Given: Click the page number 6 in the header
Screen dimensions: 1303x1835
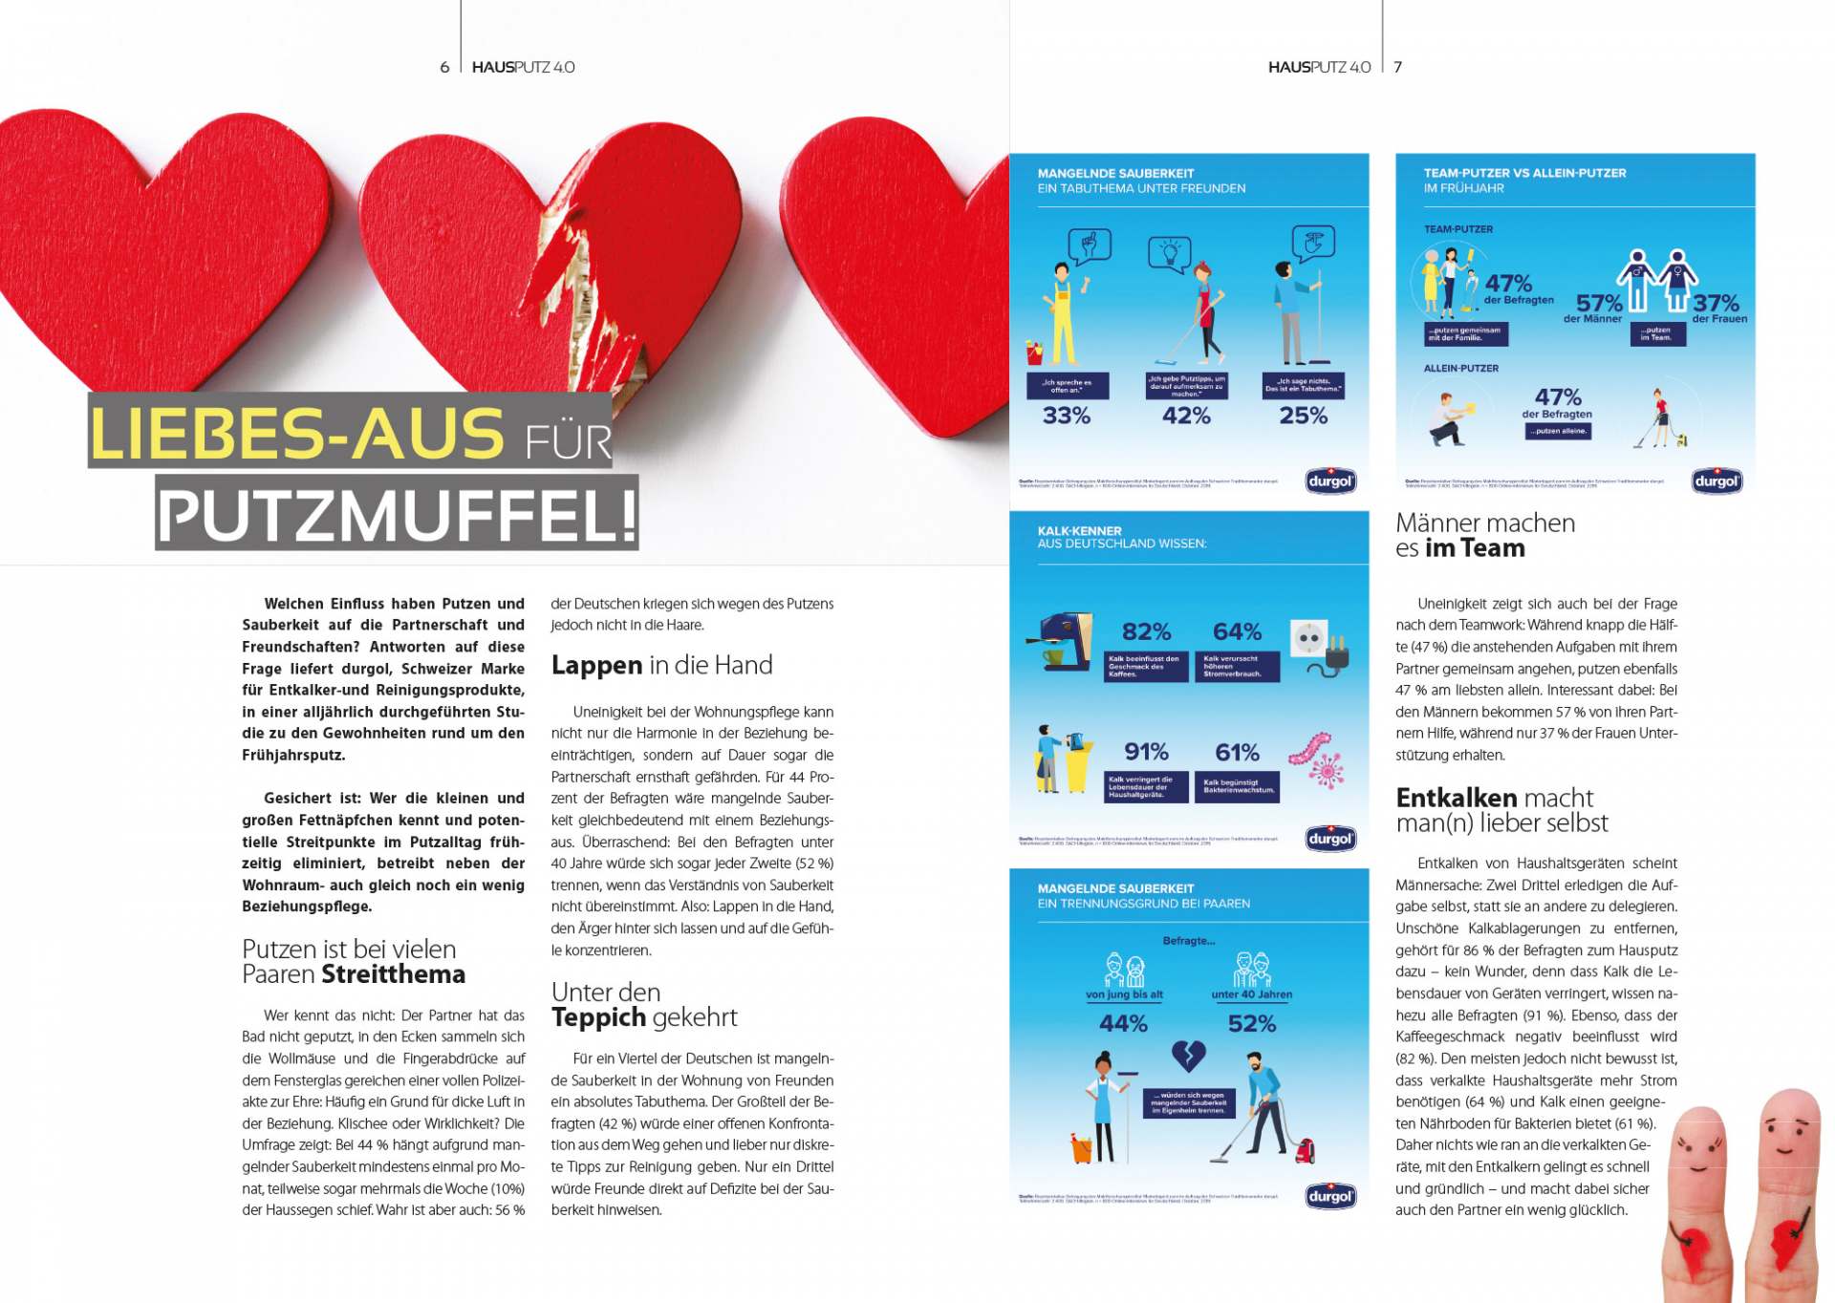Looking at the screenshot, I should pos(444,67).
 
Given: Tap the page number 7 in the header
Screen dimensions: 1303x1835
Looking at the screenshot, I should pos(1397,67).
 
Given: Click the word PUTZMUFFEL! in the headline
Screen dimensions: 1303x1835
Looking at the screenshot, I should pos(397,515).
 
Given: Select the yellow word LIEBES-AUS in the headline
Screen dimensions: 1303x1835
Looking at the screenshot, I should pos(296,434).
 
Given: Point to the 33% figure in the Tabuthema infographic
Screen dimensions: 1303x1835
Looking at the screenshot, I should pos(1066,416).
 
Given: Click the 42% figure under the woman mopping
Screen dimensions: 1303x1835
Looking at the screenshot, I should pos(1186,416).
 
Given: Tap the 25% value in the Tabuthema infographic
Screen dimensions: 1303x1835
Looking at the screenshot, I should pos(1303,416).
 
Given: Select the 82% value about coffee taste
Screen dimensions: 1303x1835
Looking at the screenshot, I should pos(1146,631).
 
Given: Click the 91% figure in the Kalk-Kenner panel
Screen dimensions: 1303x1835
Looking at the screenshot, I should pos(1146,752).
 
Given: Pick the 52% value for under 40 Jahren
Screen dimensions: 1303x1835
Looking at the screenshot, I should pos(1252,1023).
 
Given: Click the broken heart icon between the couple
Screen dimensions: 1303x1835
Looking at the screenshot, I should pos(1188,1056).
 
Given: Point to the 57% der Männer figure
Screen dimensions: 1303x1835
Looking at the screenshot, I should pos(1599,304).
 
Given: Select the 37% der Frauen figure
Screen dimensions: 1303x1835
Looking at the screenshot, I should pos(1716,304).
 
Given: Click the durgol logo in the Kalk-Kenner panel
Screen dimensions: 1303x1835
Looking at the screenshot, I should pos(1330,839).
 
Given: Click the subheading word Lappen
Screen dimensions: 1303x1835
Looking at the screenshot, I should pos(596,665).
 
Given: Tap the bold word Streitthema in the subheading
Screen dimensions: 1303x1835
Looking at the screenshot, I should pos(393,974).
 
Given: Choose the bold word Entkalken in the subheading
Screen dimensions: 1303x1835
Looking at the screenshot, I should pos(1456,798).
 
